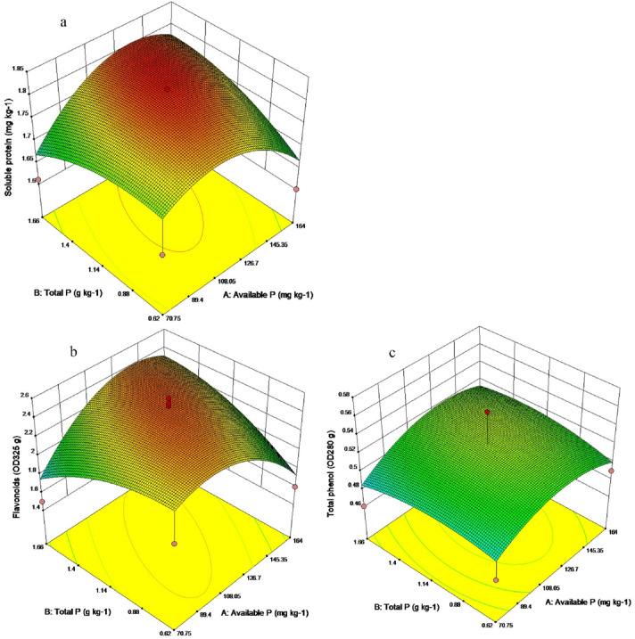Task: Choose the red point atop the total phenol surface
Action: pyautogui.click(x=487, y=413)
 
